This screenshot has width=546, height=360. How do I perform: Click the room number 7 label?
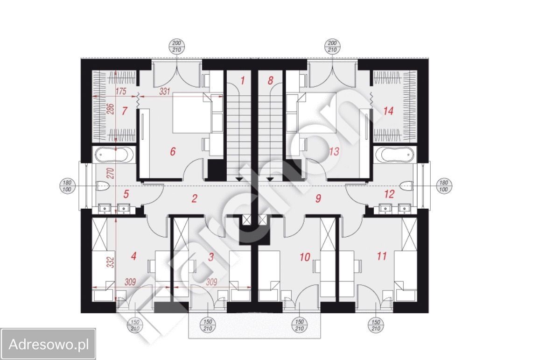(124, 111)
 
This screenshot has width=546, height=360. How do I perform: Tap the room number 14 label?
(388, 111)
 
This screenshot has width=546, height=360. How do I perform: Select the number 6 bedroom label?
(173, 151)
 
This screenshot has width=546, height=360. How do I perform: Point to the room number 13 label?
(334, 151)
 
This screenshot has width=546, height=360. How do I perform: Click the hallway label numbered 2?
(194, 198)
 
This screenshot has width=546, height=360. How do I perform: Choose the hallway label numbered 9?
(318, 198)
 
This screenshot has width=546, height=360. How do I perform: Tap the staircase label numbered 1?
(242, 80)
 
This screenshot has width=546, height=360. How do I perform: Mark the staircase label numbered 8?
(271, 80)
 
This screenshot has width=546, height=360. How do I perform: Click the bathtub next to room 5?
(113, 155)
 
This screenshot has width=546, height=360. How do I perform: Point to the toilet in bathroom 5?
(103, 186)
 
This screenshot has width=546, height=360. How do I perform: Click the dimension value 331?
(164, 92)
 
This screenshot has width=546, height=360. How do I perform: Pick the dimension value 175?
(120, 92)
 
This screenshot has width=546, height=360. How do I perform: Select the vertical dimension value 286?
(111, 109)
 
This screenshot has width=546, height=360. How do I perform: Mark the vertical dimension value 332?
(111, 262)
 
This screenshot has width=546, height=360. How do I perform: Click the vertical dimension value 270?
(111, 173)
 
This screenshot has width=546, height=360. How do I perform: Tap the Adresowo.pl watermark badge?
(48, 344)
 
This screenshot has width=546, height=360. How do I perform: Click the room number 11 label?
(382, 256)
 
